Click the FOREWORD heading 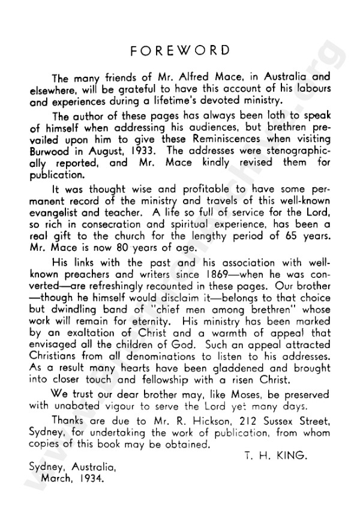tap(181, 50)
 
